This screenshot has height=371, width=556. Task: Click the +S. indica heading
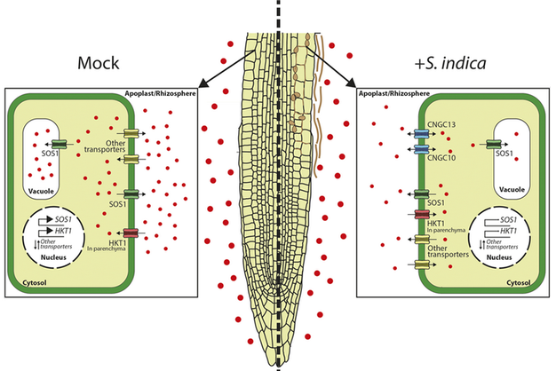(x=452, y=64)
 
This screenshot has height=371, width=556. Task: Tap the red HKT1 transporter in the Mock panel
(x=131, y=233)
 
